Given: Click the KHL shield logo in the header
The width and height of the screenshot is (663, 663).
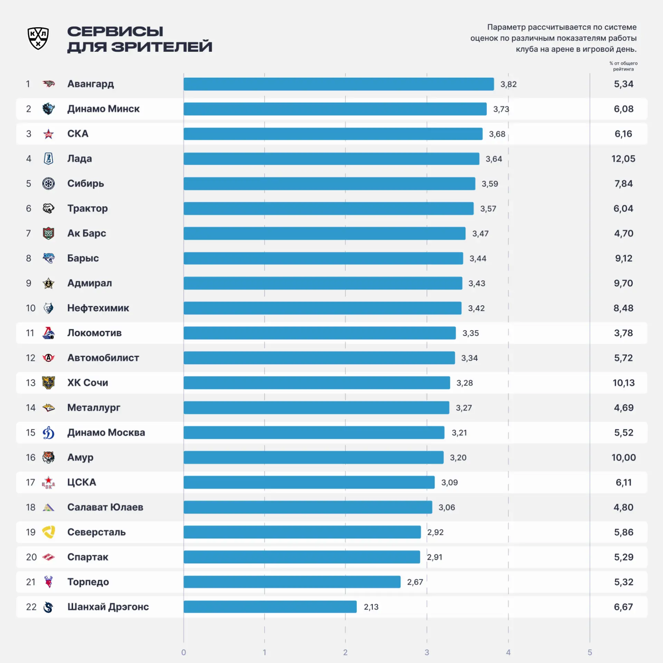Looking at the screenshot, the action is click(38, 38).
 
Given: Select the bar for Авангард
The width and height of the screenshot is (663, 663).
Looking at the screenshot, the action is click(339, 84).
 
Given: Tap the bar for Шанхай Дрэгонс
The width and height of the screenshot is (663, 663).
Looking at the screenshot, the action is click(270, 607).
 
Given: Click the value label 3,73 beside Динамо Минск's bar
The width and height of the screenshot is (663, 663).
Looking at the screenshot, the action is click(501, 109).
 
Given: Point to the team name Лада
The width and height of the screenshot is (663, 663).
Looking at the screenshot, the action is click(79, 159).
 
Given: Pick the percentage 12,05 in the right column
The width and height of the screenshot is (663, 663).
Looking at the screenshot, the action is click(623, 159).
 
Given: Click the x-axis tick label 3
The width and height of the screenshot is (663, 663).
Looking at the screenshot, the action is click(427, 652).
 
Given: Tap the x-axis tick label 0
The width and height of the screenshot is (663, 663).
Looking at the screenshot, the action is click(183, 652).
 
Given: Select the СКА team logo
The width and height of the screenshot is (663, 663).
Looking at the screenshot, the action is click(48, 134).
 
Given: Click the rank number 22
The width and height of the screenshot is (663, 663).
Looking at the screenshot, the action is click(31, 607).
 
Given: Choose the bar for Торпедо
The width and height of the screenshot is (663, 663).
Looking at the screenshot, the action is click(292, 582).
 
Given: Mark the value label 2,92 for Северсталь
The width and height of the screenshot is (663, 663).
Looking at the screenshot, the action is click(435, 532).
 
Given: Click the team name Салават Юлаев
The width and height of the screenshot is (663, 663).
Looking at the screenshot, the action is click(105, 507).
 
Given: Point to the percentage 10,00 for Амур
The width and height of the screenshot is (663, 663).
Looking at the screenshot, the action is click(623, 458).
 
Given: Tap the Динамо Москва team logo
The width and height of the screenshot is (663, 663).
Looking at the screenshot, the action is click(48, 433).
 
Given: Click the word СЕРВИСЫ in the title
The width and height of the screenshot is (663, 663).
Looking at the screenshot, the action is click(115, 31).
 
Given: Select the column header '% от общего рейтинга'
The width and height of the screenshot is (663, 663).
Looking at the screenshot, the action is click(623, 66).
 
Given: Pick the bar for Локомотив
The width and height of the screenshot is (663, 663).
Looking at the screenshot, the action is click(320, 333).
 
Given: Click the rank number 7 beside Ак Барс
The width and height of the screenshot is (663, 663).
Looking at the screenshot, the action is click(28, 233).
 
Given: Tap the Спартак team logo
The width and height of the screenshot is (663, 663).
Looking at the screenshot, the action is click(48, 557).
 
